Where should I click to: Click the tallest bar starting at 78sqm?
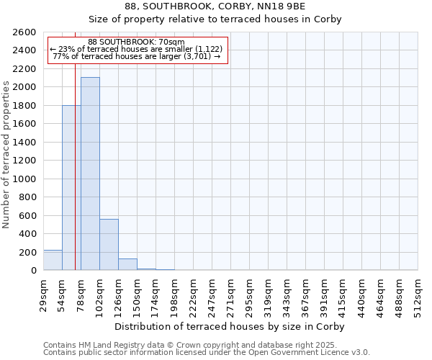pos(90,174)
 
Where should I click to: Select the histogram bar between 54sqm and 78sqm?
pos(71,188)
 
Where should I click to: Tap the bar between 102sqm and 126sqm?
pos(109,245)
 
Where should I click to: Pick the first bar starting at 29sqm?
pos(53,260)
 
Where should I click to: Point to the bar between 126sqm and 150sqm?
pos(127,264)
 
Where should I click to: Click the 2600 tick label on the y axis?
pos(24,32)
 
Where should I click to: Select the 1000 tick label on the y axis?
pos(24,179)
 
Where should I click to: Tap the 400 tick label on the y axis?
pos(27,234)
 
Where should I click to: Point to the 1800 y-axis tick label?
pos(24,106)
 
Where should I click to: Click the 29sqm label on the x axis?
pos(43,294)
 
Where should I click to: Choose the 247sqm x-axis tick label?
pos(212,294)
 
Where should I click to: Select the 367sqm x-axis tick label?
pos(305,294)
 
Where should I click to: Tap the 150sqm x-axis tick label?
pos(137,294)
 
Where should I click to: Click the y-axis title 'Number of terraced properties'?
pos(6,155)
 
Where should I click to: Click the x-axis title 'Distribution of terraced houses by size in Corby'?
pos(230,326)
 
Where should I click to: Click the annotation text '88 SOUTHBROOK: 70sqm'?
pos(137,42)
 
